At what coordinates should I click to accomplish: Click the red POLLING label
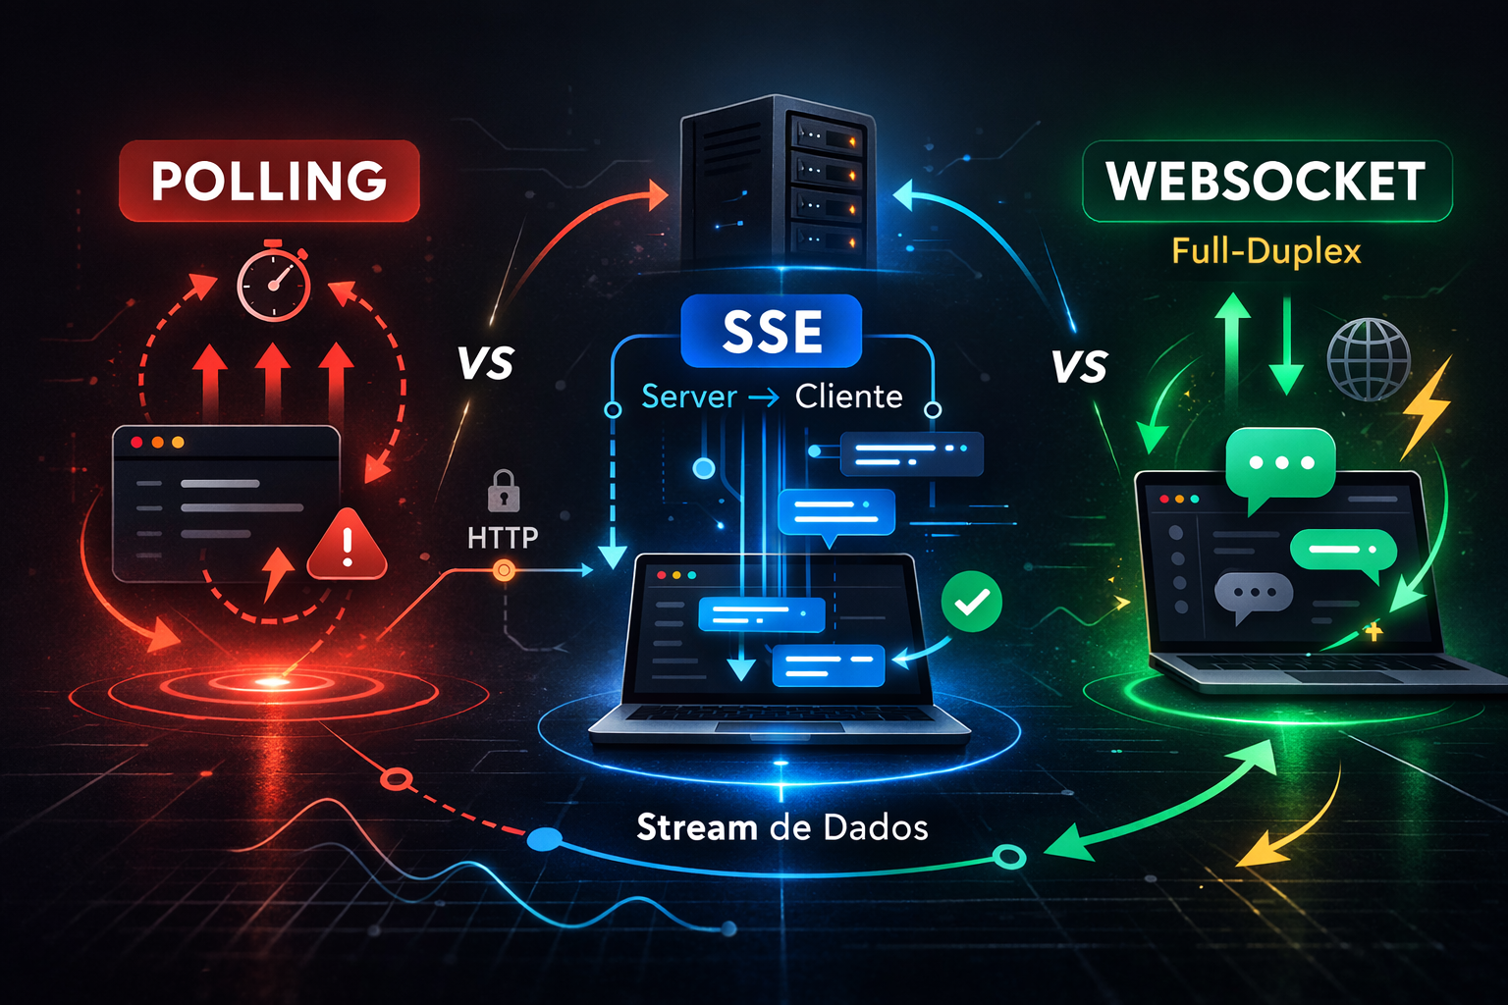269,181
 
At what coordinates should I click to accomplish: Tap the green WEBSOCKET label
1266,182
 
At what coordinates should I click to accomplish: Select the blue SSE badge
772,332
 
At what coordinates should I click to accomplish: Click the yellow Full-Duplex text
1266,251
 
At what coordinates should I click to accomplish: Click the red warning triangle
347,546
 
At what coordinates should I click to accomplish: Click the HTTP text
503,538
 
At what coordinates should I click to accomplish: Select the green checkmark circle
971,602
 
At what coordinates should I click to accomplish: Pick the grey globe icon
1369,359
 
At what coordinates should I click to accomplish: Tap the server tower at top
778,182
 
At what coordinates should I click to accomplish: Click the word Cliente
848,397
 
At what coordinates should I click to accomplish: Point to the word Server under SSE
689,397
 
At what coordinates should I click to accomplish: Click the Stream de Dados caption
781,827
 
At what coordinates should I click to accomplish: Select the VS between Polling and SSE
486,364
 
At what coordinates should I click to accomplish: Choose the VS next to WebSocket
1079,367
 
